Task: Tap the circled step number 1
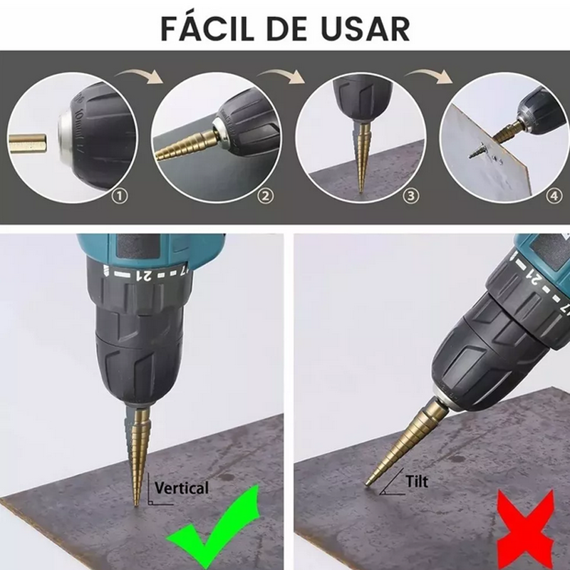click(x=120, y=193)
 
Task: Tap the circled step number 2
click(x=265, y=193)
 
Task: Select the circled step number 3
click(x=411, y=193)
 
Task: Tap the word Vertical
click(x=182, y=488)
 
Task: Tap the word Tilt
click(x=416, y=482)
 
